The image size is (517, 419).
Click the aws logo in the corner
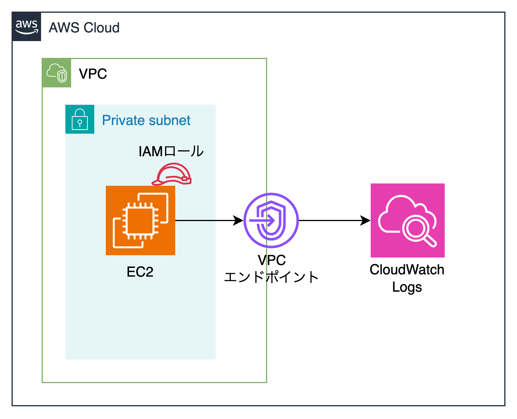click(x=27, y=27)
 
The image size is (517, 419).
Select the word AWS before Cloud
click(x=64, y=28)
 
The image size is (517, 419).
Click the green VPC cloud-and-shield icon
click(x=57, y=73)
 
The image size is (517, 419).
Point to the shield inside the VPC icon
click(x=62, y=76)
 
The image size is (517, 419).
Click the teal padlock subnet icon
click(x=80, y=119)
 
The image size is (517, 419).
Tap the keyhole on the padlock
click(x=80, y=123)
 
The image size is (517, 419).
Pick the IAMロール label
click(x=171, y=151)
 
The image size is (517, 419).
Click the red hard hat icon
click(x=172, y=174)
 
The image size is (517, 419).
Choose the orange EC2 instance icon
click(x=141, y=220)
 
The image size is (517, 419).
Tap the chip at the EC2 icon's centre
click(x=141, y=220)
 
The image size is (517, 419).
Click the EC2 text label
click(x=140, y=272)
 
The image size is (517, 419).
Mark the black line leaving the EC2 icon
click(x=195, y=220)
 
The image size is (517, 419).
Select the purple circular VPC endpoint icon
click(x=271, y=220)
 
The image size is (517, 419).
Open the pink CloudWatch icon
click(x=408, y=220)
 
